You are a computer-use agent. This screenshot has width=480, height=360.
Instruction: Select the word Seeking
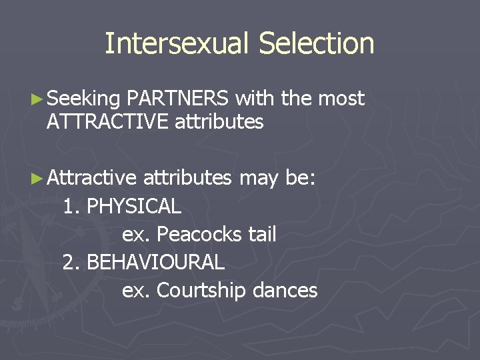tap(83, 99)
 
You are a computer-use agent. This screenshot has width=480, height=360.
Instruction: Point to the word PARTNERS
tap(178, 99)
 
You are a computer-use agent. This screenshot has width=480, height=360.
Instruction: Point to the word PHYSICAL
tap(134, 207)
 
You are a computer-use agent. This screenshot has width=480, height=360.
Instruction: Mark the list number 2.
tap(69, 263)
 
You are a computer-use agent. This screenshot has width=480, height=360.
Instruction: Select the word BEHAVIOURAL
tap(155, 263)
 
